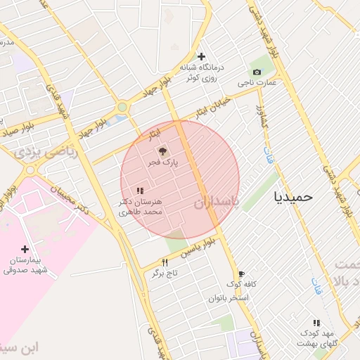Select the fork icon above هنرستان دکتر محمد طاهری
tap(140, 190)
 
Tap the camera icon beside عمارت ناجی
tap(256, 72)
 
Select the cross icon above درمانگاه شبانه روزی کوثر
tap(202, 56)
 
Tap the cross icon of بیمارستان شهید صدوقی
tap(25, 249)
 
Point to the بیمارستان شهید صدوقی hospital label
tap(25, 265)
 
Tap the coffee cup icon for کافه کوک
tap(241, 274)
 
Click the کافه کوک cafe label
tap(241, 284)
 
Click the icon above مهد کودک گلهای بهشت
tap(316, 322)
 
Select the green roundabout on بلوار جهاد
tap(122, 107)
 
